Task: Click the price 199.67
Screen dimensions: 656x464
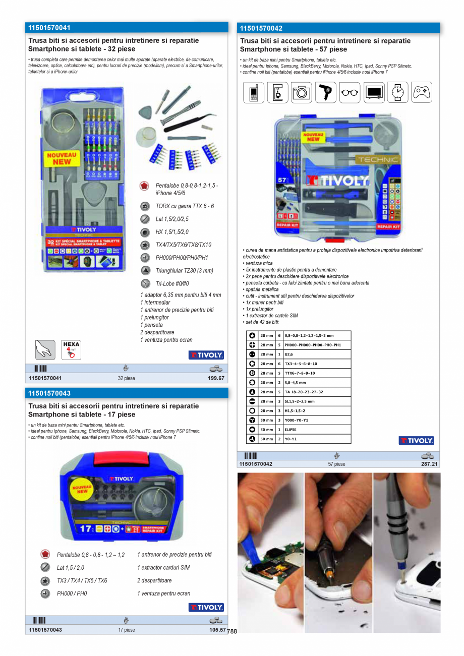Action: click(216, 378)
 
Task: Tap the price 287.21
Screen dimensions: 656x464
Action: click(429, 464)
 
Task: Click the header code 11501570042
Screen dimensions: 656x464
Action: click(261, 29)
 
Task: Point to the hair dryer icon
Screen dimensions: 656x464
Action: click(326, 93)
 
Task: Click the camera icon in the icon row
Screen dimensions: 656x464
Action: click(302, 93)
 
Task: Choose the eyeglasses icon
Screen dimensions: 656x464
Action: click(350, 93)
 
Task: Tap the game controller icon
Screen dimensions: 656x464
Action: click(422, 93)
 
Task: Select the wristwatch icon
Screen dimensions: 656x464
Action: click(398, 93)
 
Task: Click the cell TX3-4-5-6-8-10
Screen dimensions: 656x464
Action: click(301, 364)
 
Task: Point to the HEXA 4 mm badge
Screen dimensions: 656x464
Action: click(71, 349)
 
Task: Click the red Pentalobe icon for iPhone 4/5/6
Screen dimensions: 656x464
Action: click(145, 186)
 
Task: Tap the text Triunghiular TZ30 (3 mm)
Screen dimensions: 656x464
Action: click(184, 271)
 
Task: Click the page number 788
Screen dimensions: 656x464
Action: click(232, 631)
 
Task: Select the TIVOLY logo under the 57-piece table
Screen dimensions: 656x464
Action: click(416, 441)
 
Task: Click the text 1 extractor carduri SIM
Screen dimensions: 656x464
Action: click(163, 568)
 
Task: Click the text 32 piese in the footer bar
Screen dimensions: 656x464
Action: click(127, 378)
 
